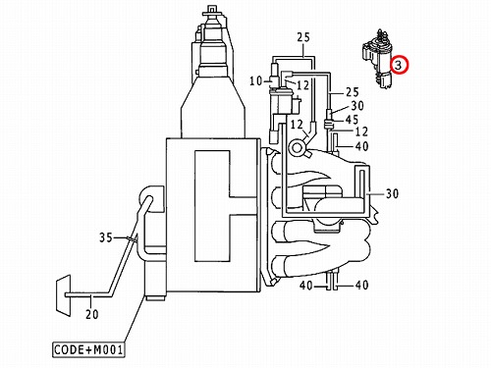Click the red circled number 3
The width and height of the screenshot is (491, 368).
(398, 65)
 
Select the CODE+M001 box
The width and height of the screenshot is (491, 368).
(88, 349)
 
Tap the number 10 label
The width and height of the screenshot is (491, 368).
(256, 80)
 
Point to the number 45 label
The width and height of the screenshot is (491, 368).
(352, 120)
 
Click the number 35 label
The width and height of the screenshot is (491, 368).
(106, 237)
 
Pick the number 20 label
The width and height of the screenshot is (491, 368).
(92, 314)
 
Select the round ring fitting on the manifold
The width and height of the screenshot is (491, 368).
(297, 148)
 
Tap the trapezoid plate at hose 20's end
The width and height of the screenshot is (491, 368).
(64, 295)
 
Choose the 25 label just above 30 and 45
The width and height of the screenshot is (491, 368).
(353, 92)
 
